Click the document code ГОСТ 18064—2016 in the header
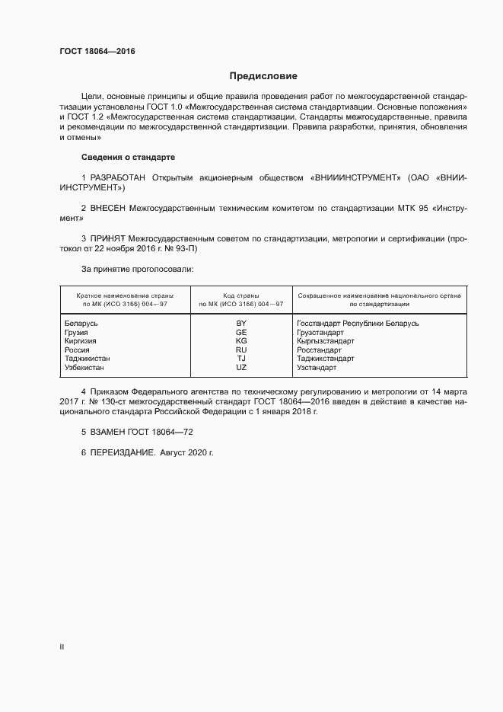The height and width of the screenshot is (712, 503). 97,51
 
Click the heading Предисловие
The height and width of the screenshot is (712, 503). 263,76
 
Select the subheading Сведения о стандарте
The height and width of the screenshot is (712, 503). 128,157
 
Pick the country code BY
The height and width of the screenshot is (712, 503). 241,323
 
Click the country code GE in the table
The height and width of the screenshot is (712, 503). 241,332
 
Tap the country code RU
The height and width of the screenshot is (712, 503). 241,350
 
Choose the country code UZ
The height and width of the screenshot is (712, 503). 241,368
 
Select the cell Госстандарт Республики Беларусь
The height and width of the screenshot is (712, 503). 358,323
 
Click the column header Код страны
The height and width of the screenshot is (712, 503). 240,295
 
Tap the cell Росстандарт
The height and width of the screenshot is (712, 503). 320,350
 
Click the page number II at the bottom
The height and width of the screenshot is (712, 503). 62,647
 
